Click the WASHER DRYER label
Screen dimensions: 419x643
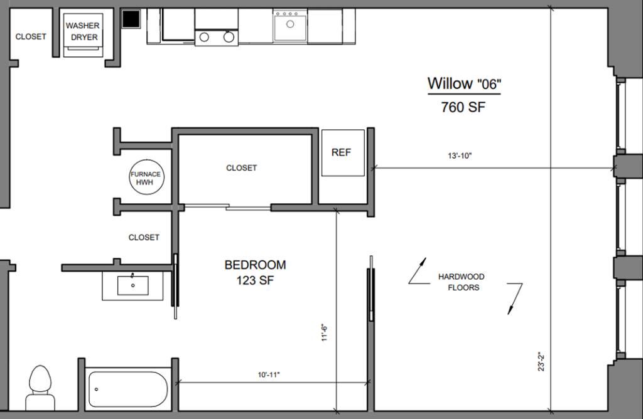point(83,31)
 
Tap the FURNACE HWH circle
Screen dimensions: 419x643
point(146,178)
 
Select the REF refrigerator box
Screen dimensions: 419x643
point(342,152)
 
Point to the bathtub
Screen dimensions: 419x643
point(128,389)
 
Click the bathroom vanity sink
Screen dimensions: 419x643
point(133,286)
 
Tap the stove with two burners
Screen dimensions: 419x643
point(217,37)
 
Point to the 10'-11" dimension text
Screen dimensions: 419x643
point(268,374)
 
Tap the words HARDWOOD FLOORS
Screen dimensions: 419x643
point(462,282)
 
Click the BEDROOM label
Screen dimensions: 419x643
point(255,265)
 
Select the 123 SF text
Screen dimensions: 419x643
point(255,280)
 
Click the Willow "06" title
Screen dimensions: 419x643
point(464,83)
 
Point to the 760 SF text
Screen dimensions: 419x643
point(463,107)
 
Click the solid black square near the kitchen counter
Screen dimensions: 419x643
point(131,19)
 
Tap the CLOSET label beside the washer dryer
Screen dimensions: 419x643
point(31,36)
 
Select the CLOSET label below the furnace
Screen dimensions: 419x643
point(144,237)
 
